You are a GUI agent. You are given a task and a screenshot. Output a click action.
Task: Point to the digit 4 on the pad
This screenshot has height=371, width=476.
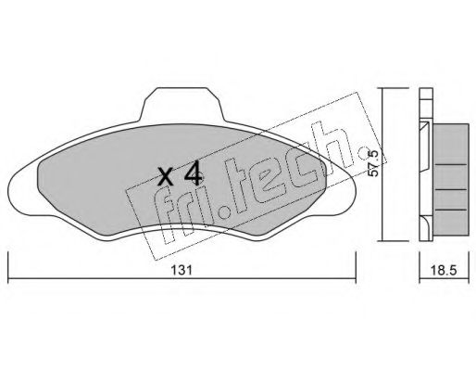click(191, 173)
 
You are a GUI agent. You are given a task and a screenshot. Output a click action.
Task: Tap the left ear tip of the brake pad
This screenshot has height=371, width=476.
click(13, 185)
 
